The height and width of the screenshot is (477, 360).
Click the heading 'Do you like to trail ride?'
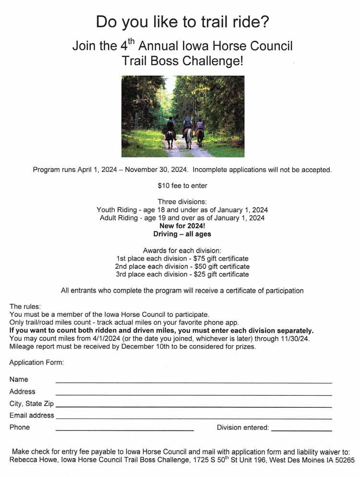pyautogui.click(x=182, y=22)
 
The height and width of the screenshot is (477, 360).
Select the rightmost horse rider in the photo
pyautogui.click(x=200, y=131)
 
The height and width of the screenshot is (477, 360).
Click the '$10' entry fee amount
pyautogui.click(x=163, y=185)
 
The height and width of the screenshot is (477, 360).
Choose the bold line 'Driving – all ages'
pyautogui.click(x=182, y=234)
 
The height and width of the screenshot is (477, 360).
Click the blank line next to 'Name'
pyautogui.click(x=193, y=382)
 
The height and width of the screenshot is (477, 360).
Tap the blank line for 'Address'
pyautogui.click(x=193, y=394)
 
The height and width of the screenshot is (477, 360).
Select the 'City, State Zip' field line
pyautogui.click(x=193, y=406)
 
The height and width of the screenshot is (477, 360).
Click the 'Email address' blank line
pyautogui.click(x=193, y=418)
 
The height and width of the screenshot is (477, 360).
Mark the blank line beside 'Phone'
pyautogui.click(x=125, y=430)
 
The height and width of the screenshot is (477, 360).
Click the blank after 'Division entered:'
pyautogui.click(x=301, y=430)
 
